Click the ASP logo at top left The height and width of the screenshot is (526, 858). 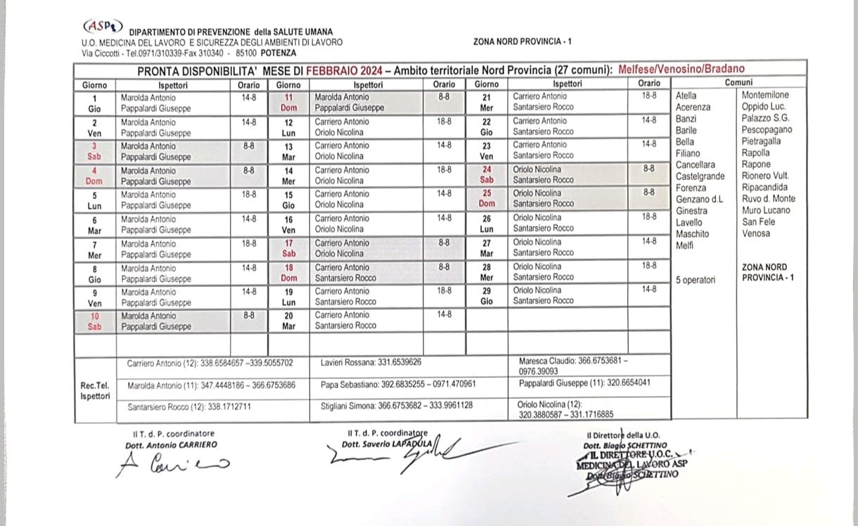[x=103, y=26]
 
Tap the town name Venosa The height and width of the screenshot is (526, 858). [x=756, y=233]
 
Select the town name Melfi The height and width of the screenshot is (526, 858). [x=684, y=245]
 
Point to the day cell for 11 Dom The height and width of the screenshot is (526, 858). [x=288, y=103]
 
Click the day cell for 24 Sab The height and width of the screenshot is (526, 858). [x=487, y=174]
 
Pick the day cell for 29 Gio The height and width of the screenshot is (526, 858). [x=487, y=295]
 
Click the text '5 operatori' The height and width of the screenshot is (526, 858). [x=696, y=280]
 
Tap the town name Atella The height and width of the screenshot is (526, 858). [x=686, y=95]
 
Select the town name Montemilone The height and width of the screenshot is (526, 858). [x=765, y=95]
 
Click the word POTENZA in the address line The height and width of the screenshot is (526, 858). [x=278, y=53]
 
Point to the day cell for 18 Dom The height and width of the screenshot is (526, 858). [x=288, y=272]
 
